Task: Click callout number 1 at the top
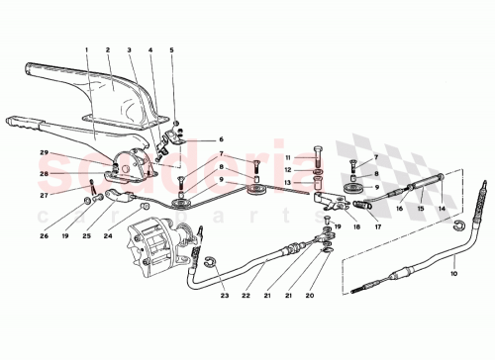86,49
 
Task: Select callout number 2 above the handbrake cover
108,49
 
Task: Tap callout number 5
170,49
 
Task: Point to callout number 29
45,151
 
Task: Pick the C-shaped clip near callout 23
210,262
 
